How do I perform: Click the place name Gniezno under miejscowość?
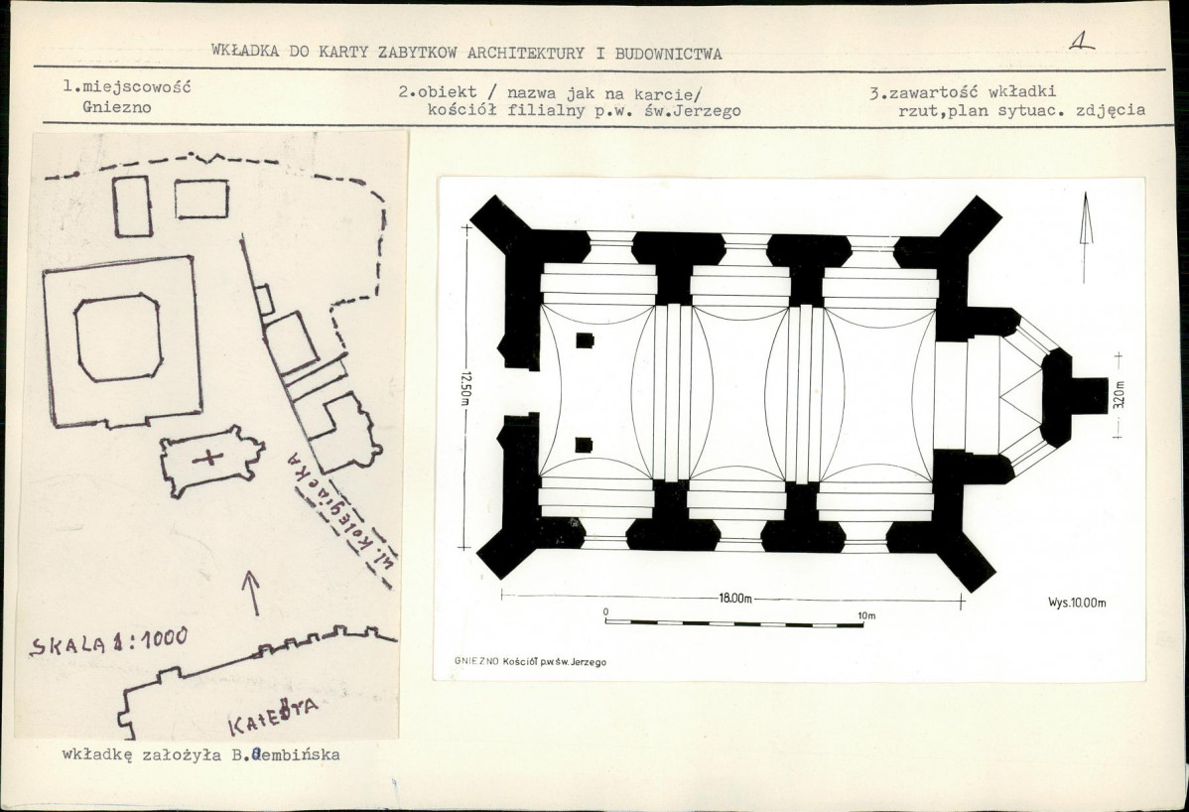tap(117, 107)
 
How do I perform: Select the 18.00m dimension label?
tap(734, 599)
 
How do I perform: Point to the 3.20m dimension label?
tap(1120, 394)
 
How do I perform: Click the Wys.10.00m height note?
tap(1077, 603)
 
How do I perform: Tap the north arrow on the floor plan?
tap(1086, 236)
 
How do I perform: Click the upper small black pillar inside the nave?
tap(584, 340)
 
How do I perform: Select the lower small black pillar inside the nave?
tap(584, 445)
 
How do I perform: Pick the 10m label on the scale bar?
tap(866, 615)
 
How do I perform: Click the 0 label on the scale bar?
tap(605, 611)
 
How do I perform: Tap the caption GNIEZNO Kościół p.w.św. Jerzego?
tap(530, 661)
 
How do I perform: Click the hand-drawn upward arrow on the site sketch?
tap(251, 593)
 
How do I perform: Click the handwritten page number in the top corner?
tap(1082, 43)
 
